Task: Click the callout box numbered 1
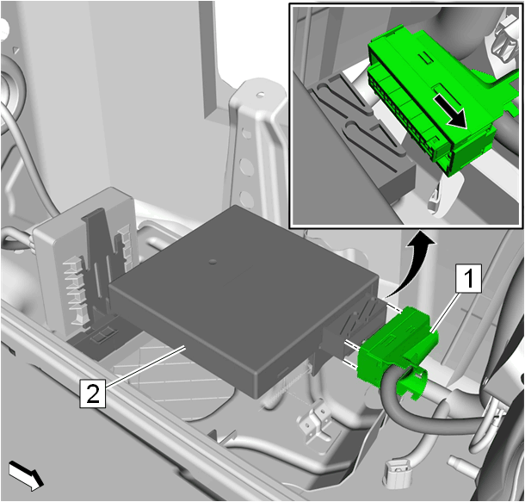pos(468,278)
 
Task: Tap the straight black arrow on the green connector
pos(450,112)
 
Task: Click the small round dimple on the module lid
pos(213,261)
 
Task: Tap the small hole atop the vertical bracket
pos(261,94)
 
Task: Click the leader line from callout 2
pos(145,366)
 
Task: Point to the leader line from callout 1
pos(446,312)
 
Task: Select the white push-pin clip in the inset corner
pos(503,37)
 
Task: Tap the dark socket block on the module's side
pos(351,325)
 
